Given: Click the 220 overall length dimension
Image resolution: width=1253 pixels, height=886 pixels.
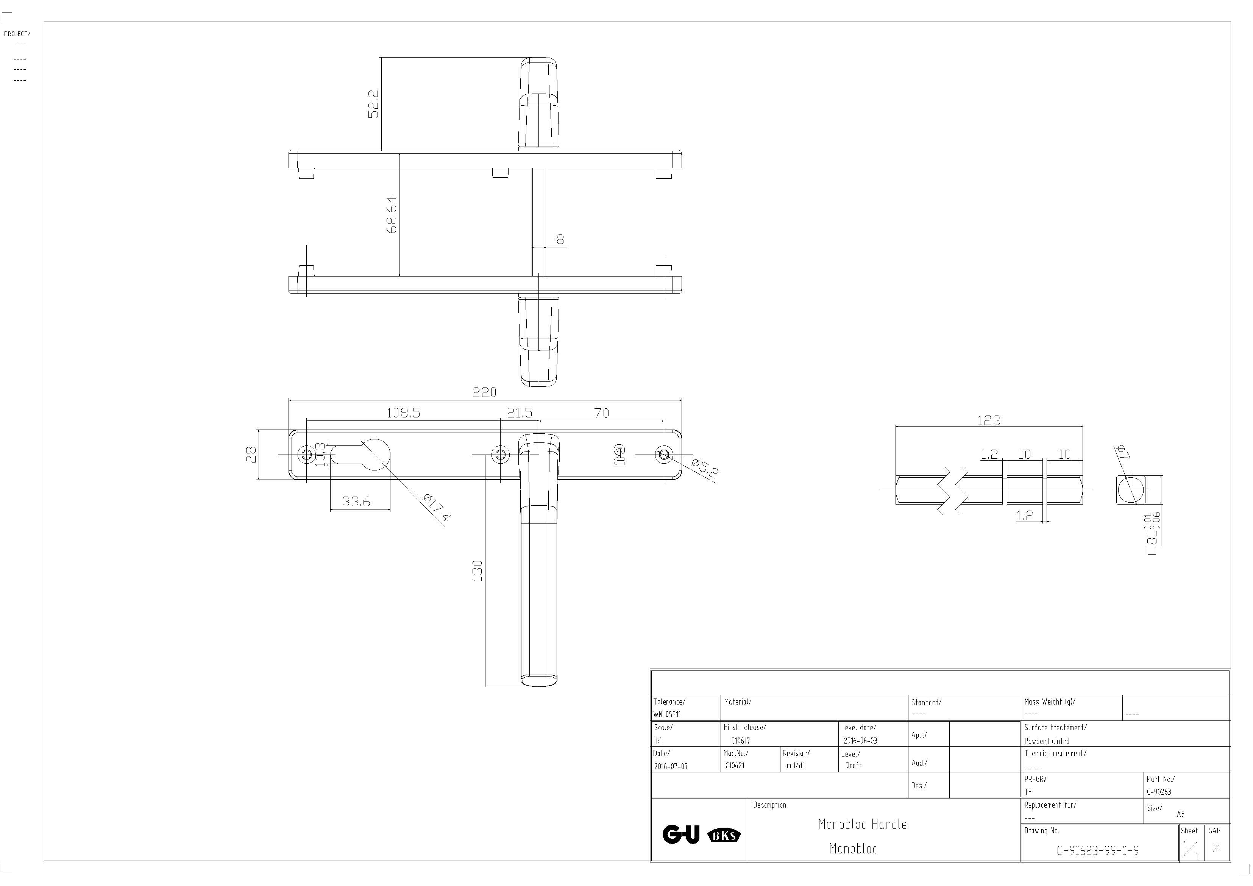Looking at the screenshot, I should point(484,392).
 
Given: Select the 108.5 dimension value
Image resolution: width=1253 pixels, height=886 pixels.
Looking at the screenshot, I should point(403,413).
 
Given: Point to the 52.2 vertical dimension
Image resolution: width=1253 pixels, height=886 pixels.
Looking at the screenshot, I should point(373,104).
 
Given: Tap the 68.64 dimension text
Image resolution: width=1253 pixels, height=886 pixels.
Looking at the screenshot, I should point(391,215).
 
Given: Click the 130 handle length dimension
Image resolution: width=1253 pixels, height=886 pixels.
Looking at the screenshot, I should point(477,570).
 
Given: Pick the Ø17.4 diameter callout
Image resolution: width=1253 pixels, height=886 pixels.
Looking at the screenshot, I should point(437,508).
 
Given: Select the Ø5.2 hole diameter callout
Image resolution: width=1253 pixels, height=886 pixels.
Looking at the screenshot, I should point(705,469).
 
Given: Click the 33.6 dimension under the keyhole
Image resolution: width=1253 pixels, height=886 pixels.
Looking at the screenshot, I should point(356,501).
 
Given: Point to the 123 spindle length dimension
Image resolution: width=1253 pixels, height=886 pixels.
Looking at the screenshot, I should point(989,420).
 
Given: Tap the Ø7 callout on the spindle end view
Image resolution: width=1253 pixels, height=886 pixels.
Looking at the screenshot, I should point(1122,452).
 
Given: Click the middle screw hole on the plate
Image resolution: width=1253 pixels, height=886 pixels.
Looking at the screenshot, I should point(501,454).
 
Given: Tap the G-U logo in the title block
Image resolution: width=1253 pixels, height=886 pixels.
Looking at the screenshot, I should point(680,834).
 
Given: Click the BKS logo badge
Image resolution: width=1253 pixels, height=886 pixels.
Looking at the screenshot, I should point(724,835).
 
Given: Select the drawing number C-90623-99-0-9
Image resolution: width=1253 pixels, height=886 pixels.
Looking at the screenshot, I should point(1097,850).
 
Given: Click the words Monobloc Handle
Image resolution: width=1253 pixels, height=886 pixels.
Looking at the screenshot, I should point(862,824).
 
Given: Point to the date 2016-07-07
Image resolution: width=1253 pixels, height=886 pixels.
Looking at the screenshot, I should point(671,766).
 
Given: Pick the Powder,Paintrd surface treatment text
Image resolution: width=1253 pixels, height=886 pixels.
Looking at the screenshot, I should point(1047,741).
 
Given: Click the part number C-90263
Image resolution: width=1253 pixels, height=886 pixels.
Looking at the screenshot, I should point(1159,792).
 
